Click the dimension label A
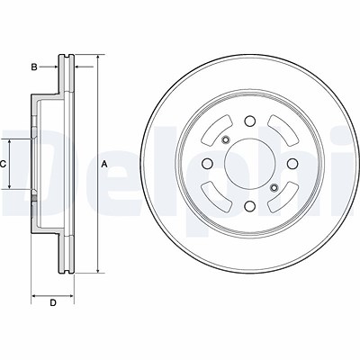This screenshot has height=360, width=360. click(104, 164)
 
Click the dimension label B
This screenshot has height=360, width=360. click(34, 67)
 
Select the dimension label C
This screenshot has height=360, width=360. click(3, 164)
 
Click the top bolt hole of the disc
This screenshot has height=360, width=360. click(249, 121)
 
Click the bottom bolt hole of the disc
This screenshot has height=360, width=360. click(249, 206)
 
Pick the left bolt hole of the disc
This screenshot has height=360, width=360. click(207, 164)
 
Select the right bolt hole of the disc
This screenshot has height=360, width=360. click(292, 164)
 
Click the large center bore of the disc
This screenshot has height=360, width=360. click(249, 164)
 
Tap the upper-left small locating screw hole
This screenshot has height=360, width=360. click(225, 139)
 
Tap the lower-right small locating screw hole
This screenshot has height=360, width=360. click(274, 188)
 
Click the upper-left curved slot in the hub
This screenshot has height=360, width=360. click(218, 131)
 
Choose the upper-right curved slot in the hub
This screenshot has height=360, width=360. click(282, 131)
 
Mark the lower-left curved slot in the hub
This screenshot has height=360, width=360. click(218, 197)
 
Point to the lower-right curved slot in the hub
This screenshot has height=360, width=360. click(282, 197)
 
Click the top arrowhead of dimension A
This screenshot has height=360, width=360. click(98, 58)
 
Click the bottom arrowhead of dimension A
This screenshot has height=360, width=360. click(98, 270)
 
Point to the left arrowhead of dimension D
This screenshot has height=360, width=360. click(34, 296)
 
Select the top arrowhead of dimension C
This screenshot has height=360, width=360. click(10, 142)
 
